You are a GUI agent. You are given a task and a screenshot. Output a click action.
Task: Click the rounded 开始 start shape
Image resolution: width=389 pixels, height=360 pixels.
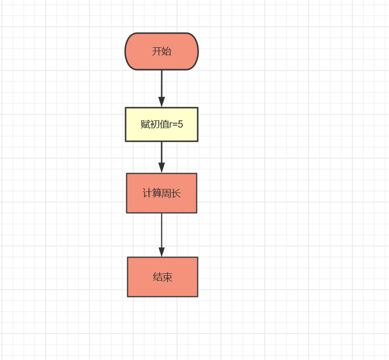[162, 51]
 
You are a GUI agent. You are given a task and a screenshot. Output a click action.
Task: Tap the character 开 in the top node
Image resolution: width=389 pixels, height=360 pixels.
[157, 51]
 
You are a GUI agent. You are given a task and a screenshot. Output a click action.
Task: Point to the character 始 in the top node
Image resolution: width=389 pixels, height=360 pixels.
[167, 51]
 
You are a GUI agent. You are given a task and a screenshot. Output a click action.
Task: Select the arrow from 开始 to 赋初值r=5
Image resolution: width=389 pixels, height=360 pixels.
[162, 89]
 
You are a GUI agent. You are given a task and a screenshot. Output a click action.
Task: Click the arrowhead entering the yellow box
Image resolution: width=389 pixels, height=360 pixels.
[162, 102]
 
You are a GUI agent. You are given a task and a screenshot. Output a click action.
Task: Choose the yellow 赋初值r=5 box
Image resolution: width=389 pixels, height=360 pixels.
[162, 124]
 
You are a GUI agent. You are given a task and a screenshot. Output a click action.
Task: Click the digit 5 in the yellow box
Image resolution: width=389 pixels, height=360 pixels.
[180, 124]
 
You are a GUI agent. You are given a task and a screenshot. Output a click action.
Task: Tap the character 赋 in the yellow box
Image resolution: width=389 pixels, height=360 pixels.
[146, 124]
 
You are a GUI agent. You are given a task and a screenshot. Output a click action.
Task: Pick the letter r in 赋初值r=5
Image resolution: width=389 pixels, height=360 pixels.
[171, 125]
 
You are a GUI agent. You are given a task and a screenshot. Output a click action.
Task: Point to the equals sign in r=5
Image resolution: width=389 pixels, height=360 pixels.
[175, 125]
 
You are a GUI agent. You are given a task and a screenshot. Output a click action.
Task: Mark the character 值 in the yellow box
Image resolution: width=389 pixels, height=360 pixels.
[165, 124]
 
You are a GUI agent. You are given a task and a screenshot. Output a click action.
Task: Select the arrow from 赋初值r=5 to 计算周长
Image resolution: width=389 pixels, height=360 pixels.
[162, 157]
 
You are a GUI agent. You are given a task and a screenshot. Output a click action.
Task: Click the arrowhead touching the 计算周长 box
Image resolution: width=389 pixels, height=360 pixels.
[162, 168]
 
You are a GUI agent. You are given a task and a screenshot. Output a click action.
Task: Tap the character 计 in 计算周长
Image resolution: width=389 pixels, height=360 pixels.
[148, 193]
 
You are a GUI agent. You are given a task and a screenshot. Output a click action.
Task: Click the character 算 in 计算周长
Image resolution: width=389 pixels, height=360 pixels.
[157, 193]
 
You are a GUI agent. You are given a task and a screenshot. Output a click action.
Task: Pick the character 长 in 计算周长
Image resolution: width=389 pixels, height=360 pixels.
[176, 193]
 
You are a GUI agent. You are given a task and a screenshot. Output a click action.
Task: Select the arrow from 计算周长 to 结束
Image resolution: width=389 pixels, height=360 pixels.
[162, 235]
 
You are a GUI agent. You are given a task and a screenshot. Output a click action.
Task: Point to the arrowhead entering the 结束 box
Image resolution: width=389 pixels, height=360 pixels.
[162, 252]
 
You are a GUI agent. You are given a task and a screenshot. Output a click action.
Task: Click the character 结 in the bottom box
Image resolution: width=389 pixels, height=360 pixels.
[158, 277]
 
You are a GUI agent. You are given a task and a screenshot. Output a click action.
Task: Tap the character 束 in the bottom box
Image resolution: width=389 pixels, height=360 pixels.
[167, 277]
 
